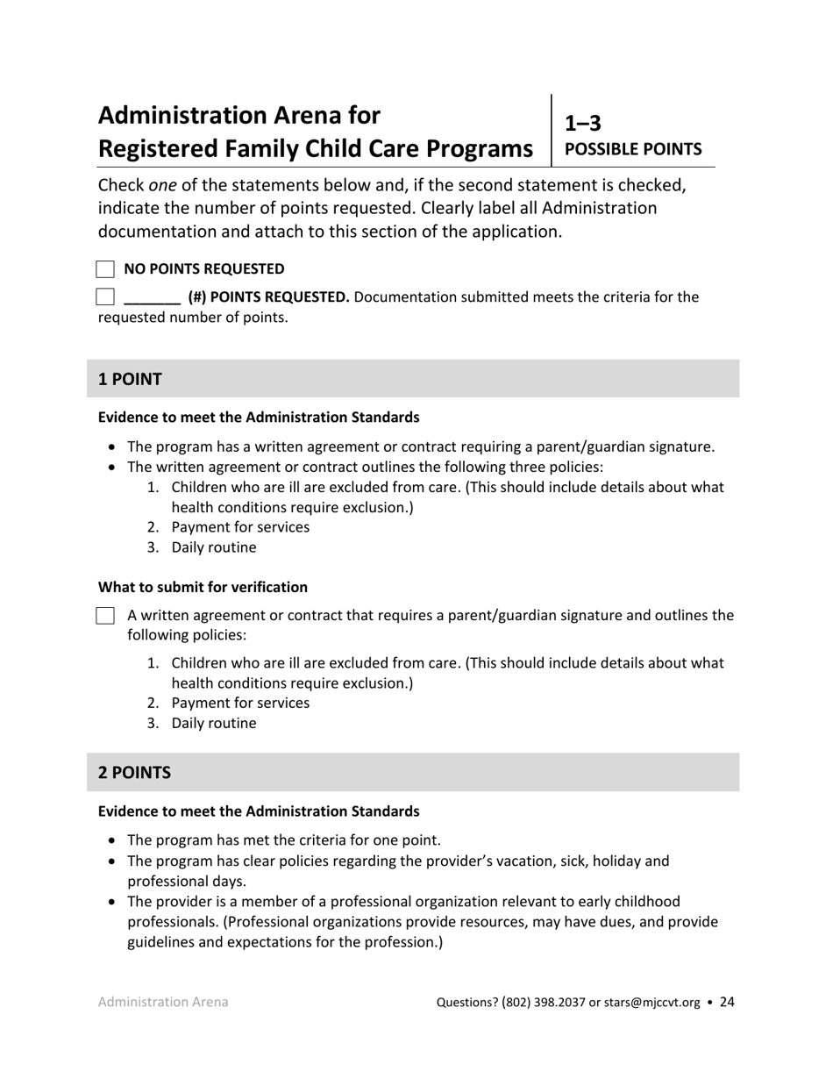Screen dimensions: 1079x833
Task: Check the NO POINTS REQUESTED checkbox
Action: (105, 269)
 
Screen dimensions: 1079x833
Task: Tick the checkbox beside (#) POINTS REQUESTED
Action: (105, 297)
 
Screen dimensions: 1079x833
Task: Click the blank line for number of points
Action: (152, 298)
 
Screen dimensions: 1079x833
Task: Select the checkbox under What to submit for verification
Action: (105, 616)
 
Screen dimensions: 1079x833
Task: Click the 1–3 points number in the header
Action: (583, 124)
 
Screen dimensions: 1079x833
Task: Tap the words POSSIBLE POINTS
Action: (633, 149)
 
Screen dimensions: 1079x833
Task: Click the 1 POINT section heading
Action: (130, 379)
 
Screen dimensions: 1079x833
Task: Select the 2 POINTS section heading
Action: (134, 773)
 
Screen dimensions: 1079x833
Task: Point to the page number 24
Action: (727, 1002)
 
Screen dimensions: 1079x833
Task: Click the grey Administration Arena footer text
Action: (163, 1002)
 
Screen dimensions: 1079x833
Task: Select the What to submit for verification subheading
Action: (203, 587)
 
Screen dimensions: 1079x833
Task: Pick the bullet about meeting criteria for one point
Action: (284, 840)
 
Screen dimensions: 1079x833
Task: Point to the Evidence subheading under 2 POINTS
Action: (259, 811)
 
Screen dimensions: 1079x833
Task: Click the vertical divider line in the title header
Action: (552, 130)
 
